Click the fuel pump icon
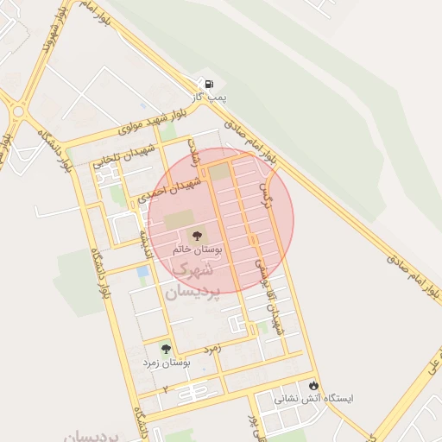(208, 83)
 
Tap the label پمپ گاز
(208, 98)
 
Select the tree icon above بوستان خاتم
(196, 234)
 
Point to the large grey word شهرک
(193, 269)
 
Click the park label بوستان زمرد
(167, 363)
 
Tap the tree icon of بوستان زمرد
(166, 349)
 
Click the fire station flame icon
(313, 385)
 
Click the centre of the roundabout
(18, 110)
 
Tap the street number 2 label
(164, 389)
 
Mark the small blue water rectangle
(142, 271)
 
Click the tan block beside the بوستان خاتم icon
(180, 222)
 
